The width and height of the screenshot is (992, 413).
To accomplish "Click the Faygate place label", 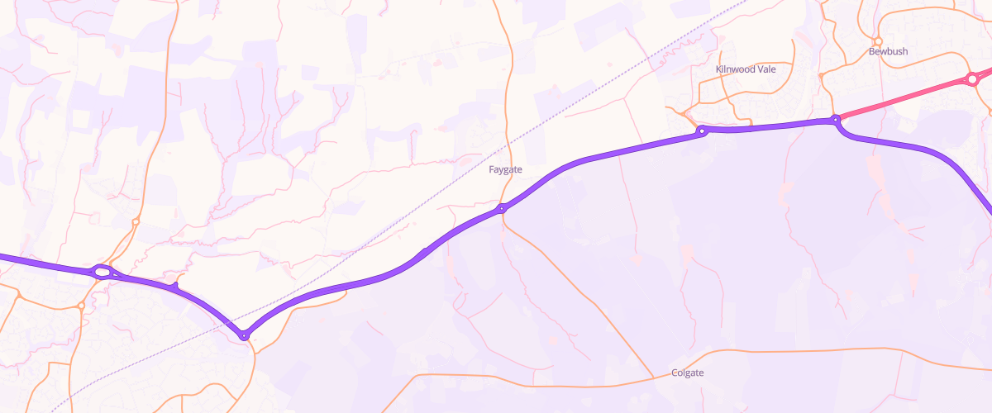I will [505, 169].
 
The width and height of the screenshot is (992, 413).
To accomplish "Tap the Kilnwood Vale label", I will [746, 69].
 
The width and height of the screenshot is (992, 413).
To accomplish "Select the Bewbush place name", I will [888, 51].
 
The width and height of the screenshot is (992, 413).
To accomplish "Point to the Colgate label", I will [688, 373].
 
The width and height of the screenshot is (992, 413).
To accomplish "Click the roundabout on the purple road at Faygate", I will [502, 209].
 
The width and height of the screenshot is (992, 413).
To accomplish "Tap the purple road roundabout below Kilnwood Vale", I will [701, 131].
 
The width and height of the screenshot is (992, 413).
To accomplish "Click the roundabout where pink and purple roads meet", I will [836, 120].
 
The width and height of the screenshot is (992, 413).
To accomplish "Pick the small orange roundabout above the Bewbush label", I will [878, 40].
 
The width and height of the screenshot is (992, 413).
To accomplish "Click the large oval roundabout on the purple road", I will [102, 271].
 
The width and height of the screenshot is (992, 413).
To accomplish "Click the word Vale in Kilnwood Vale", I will [766, 69].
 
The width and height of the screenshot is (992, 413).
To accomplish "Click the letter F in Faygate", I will [491, 169].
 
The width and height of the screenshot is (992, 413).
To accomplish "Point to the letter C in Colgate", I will [675, 373].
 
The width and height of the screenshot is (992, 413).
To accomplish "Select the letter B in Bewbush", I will [871, 51].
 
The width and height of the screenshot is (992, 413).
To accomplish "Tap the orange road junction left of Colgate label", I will [653, 377].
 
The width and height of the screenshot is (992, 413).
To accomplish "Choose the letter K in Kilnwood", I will [718, 69].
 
